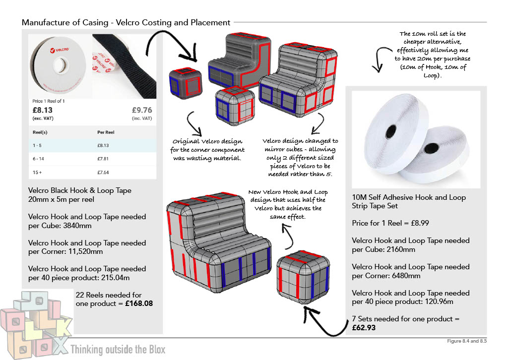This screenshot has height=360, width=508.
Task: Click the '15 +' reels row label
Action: pyautogui.click(x=38, y=171)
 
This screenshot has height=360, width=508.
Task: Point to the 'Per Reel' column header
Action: pyautogui.click(x=106, y=133)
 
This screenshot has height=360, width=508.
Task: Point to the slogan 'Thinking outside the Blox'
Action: pyautogui.click(x=118, y=349)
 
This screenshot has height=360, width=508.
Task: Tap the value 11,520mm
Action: pyautogui.click(x=90, y=251)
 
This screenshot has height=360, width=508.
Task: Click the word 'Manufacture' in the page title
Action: pyautogui.click(x=44, y=22)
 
